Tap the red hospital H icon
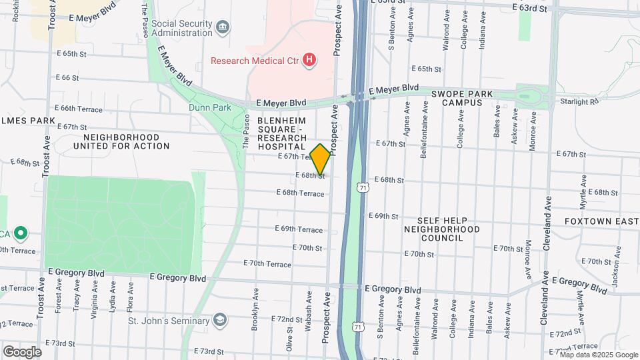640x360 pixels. pos(309,61)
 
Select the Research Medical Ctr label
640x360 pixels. pos(255,61)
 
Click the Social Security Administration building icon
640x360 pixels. pos(223,27)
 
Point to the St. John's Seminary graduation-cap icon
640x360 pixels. pos(219,321)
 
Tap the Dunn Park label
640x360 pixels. pos(209,107)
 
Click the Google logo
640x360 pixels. pos(22,351)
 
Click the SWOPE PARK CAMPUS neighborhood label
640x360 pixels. pos(461,98)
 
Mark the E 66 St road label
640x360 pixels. pos(67,78)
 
